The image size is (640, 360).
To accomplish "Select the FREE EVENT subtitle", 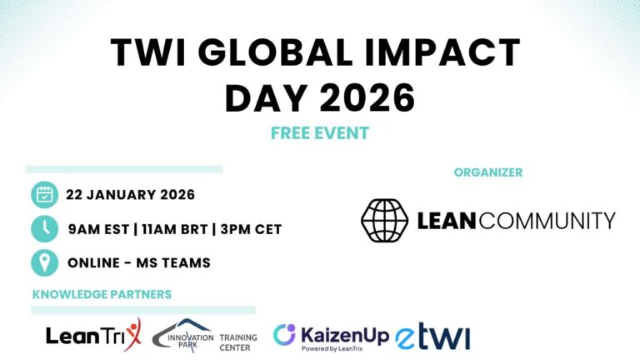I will (320, 132).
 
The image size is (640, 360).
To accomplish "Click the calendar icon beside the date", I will (44, 195).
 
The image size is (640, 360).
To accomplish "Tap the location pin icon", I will (44, 262).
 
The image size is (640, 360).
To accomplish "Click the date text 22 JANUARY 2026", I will (131, 195).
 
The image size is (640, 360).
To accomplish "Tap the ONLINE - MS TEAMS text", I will (138, 262).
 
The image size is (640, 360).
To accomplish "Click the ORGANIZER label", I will (488, 172).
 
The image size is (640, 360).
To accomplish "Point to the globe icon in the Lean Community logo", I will (384, 220).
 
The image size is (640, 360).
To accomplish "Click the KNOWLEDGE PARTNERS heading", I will (102, 294).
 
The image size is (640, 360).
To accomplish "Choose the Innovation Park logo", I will (182, 335).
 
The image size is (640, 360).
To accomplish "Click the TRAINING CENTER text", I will (238, 342).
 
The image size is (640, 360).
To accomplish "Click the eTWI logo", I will (432, 337).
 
